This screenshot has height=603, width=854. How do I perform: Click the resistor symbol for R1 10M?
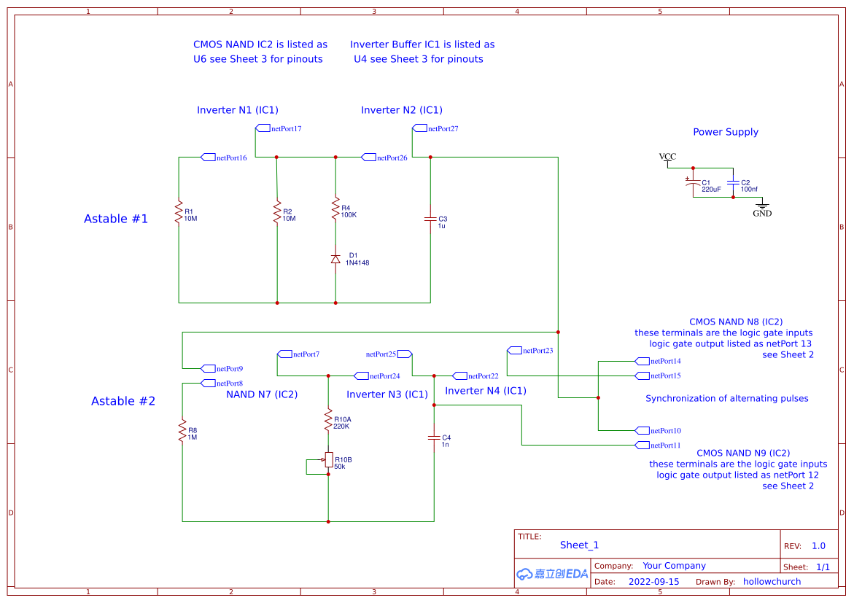(179, 212)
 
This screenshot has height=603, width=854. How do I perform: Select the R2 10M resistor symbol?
(277, 212)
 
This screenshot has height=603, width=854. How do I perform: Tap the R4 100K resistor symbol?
(335, 209)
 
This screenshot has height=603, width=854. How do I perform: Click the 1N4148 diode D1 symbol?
(335, 259)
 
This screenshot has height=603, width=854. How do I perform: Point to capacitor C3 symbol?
(430, 219)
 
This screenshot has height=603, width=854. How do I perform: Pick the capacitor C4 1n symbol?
(434, 437)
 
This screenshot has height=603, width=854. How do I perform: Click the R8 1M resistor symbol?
(182, 431)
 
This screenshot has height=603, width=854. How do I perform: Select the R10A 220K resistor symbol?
(328, 420)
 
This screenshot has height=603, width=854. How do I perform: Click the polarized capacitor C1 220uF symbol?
(693, 183)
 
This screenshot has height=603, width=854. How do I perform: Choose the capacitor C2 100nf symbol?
(733, 182)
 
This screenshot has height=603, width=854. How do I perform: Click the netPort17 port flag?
(263, 128)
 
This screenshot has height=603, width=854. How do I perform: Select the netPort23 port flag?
(514, 350)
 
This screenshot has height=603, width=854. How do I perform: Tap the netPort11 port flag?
(642, 445)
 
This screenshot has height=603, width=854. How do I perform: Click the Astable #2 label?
(123, 401)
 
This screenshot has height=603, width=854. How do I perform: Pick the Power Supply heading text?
(726, 132)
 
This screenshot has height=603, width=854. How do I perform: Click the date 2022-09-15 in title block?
(653, 582)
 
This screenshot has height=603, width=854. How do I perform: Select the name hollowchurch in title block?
(772, 582)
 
